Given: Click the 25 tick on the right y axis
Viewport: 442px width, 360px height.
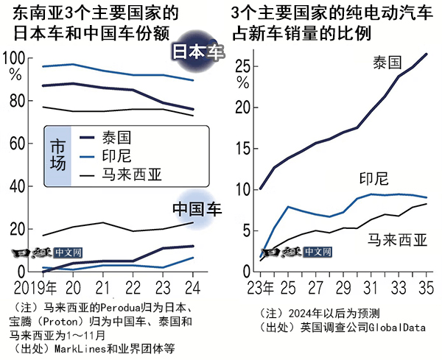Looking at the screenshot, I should [245, 66].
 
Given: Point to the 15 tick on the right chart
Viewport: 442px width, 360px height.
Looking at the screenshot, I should [245, 149].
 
